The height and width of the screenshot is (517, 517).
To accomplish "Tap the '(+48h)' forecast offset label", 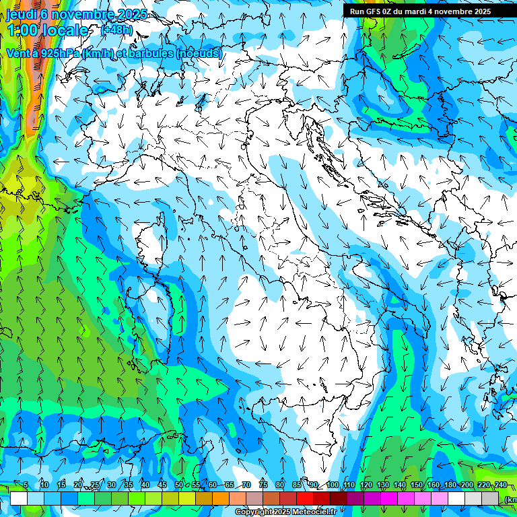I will pos(116,30).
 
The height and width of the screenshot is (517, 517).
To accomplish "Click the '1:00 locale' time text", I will pos(47,30).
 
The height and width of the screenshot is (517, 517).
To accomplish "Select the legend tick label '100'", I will pos(333,485).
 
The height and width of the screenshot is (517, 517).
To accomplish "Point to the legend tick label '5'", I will pos(26,485).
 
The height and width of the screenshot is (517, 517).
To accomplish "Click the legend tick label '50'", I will pos(178,485).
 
